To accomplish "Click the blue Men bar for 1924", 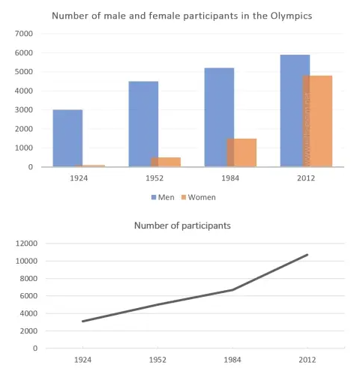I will coord(67,138).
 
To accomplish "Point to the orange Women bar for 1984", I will coord(243,152).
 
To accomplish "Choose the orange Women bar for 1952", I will coord(166,162).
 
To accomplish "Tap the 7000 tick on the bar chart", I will coord(25,34).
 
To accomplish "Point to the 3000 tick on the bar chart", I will coord(25,110).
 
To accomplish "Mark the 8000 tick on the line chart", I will coord(28,278).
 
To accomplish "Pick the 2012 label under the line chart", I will coord(307,360).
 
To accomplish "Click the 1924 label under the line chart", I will coord(82,360).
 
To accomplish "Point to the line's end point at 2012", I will coord(307,255).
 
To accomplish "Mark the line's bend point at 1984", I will coord(232,290).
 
